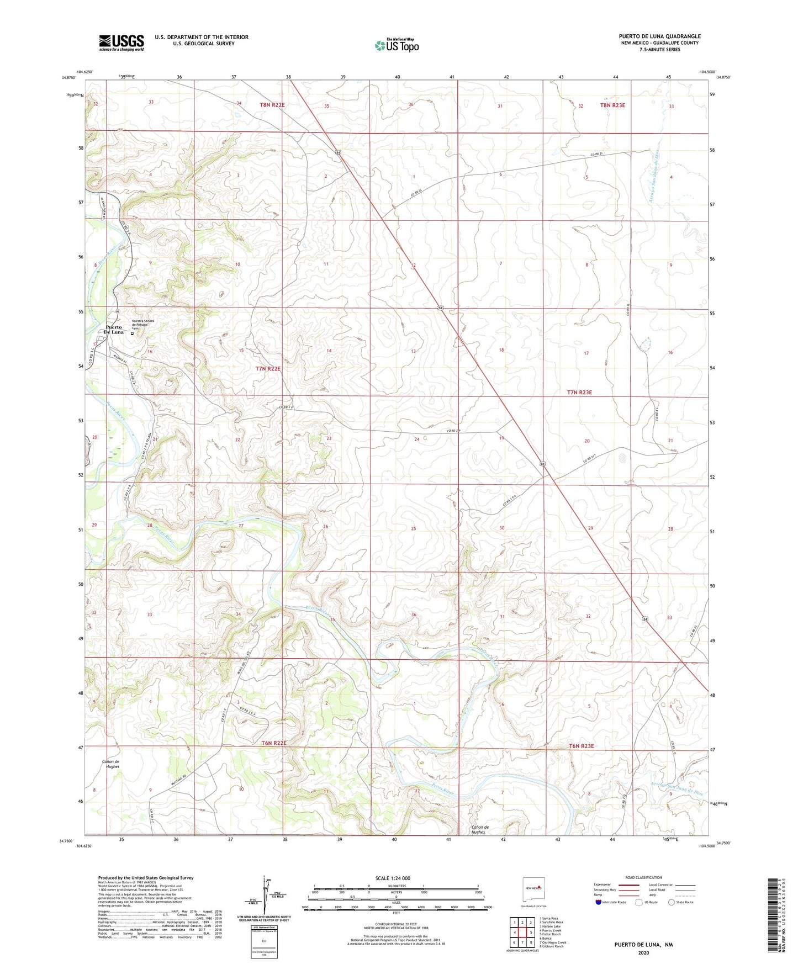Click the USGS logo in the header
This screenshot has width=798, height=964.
click(x=121, y=43)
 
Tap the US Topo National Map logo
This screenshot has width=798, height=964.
click(x=396, y=45)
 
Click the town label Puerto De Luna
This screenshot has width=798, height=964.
click(x=114, y=330)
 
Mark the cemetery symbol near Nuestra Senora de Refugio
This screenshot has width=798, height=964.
click(x=132, y=333)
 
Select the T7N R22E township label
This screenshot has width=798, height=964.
click(x=268, y=369)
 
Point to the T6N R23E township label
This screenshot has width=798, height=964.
click(x=581, y=746)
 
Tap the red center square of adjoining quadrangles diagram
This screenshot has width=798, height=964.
click(x=522, y=932)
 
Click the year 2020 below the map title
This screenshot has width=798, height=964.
click(x=643, y=952)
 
